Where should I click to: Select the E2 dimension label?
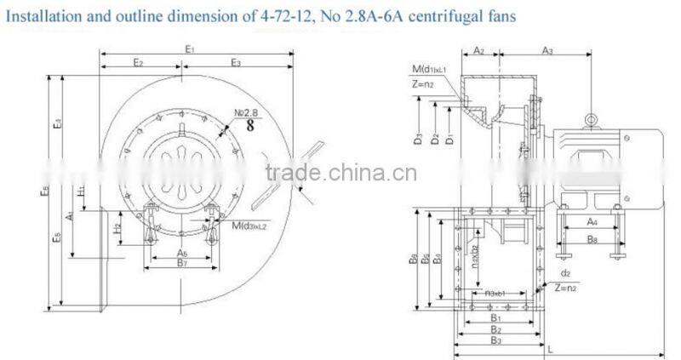[138, 64]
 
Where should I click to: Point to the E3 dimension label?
[236, 64]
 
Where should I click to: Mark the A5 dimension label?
[182, 254]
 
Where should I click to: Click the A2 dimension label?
[478, 51]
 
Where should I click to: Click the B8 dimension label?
[592, 239]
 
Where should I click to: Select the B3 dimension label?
[495, 340]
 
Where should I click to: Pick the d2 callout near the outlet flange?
[566, 274]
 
